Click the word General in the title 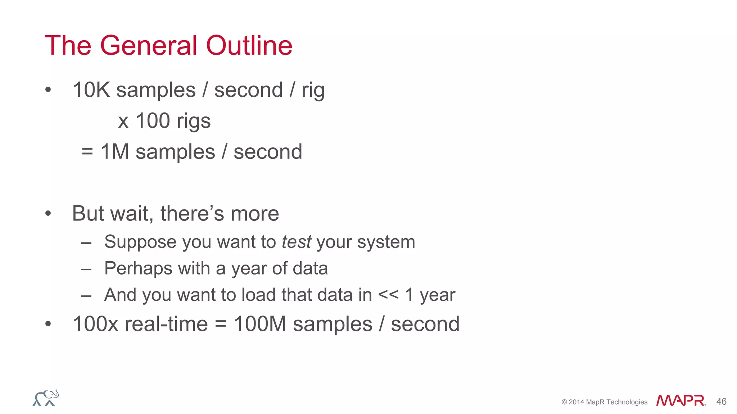(148, 46)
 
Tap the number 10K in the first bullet (91, 90)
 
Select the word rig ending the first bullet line (313, 91)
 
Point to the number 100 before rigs (153, 121)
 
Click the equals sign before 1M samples (87, 152)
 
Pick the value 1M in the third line (115, 152)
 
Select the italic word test (296, 242)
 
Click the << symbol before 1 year (388, 295)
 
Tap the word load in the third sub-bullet (258, 295)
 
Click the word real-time (166, 324)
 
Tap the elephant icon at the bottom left (46, 398)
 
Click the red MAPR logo (681, 401)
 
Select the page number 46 (721, 401)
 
